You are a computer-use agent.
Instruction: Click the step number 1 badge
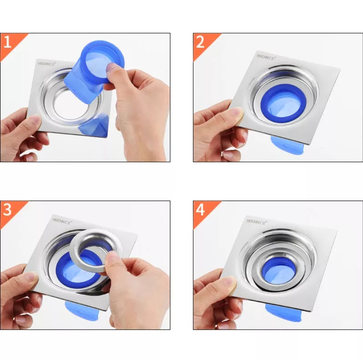pyautogui.click(x=8, y=42)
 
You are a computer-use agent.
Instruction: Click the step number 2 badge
pyautogui.click(x=201, y=42)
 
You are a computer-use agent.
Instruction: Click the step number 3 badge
pyautogui.click(x=8, y=210)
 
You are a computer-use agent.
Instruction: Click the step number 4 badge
pyautogui.click(x=201, y=210)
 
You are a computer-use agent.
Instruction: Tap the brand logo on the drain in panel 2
pyautogui.click(x=266, y=58)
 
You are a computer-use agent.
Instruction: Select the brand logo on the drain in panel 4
pyautogui.click(x=255, y=221)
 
